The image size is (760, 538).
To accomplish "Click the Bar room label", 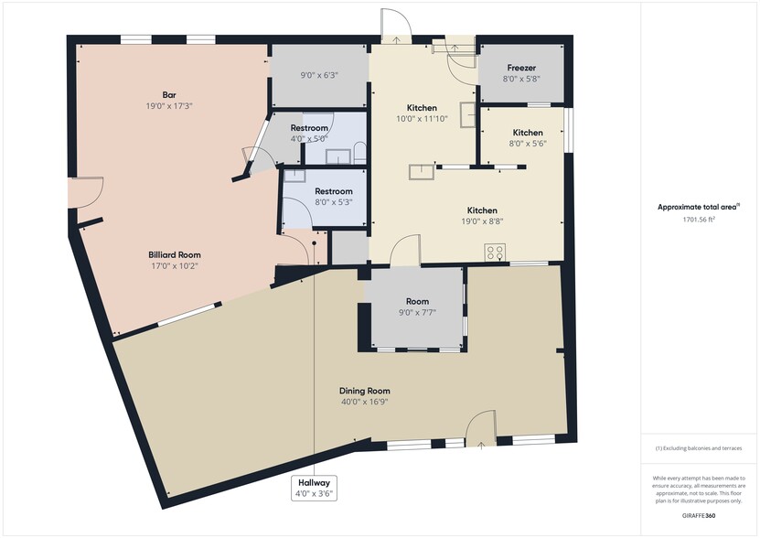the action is [x=169, y=94].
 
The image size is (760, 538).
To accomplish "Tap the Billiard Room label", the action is [x=175, y=254].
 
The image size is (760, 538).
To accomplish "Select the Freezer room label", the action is [x=521, y=68].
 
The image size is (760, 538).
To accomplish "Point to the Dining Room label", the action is [x=365, y=391].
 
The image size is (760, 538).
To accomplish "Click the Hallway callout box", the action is [x=314, y=488].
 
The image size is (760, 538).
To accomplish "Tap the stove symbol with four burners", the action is [x=495, y=253].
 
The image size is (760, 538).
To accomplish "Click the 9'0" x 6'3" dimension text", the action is [x=319, y=75].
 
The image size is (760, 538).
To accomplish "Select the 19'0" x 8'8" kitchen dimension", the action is [x=482, y=221].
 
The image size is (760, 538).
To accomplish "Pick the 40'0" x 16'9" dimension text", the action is [x=365, y=402].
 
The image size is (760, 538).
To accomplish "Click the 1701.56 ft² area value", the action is [x=700, y=220].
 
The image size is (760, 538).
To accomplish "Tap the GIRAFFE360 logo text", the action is [x=699, y=516].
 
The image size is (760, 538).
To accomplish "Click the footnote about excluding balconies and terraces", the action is [x=699, y=448].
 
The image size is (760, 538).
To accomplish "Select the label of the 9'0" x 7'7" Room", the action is [x=417, y=301].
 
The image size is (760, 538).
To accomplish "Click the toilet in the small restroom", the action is [x=359, y=152].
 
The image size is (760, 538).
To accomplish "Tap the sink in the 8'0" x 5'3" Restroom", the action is [x=294, y=175].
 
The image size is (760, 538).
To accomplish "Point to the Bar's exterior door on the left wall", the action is [x=86, y=192].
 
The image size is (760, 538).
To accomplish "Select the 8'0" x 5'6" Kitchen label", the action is [x=528, y=133].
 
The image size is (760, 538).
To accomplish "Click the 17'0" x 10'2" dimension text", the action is [x=175, y=266].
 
